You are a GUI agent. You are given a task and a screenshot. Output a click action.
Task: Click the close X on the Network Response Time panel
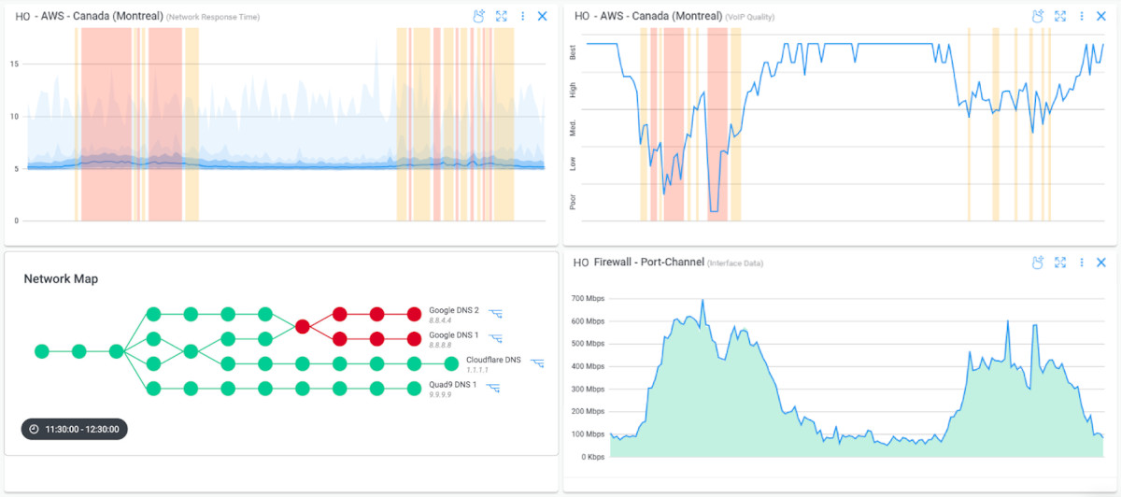tap(542, 16)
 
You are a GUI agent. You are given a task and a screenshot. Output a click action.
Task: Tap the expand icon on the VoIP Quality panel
tap(1060, 16)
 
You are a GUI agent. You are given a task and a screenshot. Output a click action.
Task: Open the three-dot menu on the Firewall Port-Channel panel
tap(1081, 263)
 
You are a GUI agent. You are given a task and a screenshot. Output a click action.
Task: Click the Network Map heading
tap(61, 278)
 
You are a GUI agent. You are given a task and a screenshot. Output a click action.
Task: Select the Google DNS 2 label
tap(454, 310)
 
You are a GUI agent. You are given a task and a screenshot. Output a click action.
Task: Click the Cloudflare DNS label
tap(493, 359)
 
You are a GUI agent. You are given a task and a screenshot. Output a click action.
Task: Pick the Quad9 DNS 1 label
tap(453, 384)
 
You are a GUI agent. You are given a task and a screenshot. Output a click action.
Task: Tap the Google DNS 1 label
tap(454, 334)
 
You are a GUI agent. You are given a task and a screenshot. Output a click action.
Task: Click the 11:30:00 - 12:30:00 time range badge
tap(75, 429)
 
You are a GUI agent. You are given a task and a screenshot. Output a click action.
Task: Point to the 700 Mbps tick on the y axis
tap(589, 298)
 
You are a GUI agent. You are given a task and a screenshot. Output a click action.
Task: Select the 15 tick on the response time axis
tap(14, 64)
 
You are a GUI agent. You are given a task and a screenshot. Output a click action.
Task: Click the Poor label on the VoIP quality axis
tap(573, 202)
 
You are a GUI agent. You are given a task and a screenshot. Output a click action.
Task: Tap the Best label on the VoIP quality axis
tap(573, 53)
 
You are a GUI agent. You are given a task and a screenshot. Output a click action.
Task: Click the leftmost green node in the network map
tap(41, 351)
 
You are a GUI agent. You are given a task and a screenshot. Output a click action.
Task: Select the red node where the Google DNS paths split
tap(303, 326)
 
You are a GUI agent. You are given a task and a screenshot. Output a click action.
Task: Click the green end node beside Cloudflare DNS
tap(451, 363)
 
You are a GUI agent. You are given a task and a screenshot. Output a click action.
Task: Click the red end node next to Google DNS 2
tap(414, 314)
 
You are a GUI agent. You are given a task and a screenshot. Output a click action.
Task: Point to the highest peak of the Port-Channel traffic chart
tap(702, 301)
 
